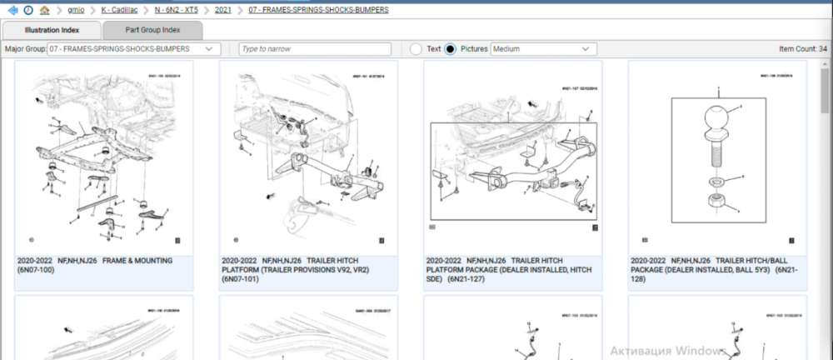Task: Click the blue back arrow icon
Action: (12, 10)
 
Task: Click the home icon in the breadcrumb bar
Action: (44, 10)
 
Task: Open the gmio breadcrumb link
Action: (76, 10)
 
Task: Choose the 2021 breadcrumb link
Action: (223, 10)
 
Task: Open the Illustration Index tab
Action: (52, 30)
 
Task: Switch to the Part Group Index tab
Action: (152, 30)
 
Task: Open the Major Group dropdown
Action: (134, 49)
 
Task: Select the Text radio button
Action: (416, 49)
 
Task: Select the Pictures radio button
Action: (451, 49)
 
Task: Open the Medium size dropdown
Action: (543, 49)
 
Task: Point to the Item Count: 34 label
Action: (803, 49)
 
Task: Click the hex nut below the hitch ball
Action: (716, 202)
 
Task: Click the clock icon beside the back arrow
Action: (28, 10)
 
